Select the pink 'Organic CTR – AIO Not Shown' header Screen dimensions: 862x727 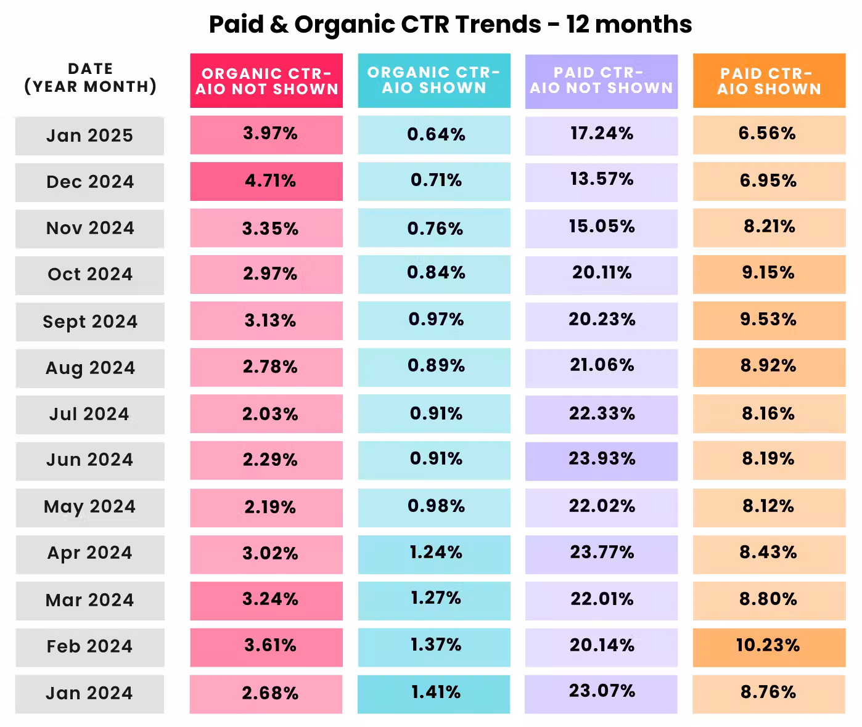266,81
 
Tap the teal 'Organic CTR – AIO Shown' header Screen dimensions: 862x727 434,81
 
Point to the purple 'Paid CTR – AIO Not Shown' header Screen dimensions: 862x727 602,81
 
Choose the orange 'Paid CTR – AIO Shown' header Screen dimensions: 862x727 769,81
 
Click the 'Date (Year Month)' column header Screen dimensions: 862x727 91,78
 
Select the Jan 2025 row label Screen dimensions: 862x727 89,136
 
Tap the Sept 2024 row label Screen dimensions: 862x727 90,322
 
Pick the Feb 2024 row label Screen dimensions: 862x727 90,647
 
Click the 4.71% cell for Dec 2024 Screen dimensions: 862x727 266,182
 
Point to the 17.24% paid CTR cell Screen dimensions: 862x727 602,136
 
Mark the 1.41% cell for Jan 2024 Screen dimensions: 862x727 434,694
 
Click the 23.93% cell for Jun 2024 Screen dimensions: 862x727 602,461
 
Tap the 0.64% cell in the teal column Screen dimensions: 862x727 434,135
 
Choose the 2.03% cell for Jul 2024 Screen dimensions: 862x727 266,414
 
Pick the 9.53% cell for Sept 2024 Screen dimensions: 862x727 769,321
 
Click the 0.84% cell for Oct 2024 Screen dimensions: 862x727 434,274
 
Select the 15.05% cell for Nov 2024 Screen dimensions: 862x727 602,229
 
